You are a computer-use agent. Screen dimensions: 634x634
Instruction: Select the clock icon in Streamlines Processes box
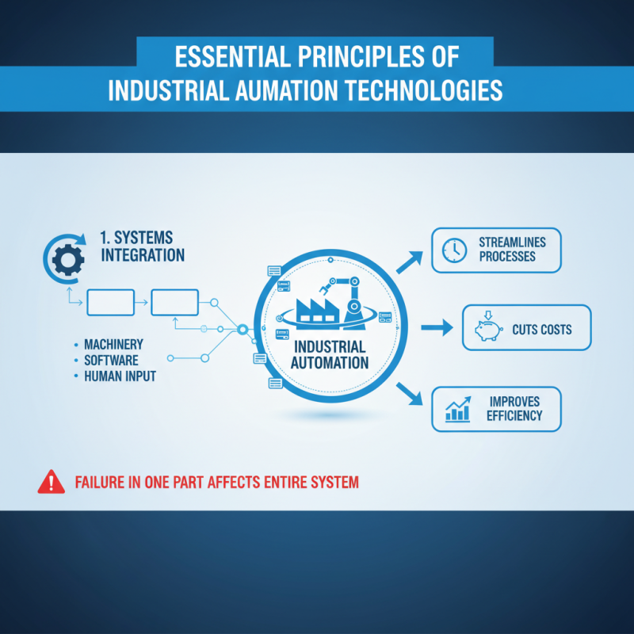(x=454, y=250)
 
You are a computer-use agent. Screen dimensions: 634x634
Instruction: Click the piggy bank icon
(x=487, y=328)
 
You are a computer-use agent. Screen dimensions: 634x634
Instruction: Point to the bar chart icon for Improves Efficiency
(x=458, y=409)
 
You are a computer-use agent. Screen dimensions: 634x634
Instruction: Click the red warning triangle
(x=51, y=481)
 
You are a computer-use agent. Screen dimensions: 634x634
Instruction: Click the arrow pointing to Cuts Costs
(x=434, y=327)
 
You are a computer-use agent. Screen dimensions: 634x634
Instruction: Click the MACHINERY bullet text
(x=114, y=345)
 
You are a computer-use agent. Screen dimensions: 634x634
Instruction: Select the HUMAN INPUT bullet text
(x=120, y=376)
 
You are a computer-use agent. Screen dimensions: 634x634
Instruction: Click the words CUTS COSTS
(x=541, y=329)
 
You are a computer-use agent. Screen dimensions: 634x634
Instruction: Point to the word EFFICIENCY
(x=515, y=416)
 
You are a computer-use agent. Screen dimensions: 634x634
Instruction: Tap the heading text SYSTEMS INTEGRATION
(x=143, y=246)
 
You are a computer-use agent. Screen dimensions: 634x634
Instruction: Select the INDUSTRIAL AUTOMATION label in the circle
(x=329, y=355)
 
